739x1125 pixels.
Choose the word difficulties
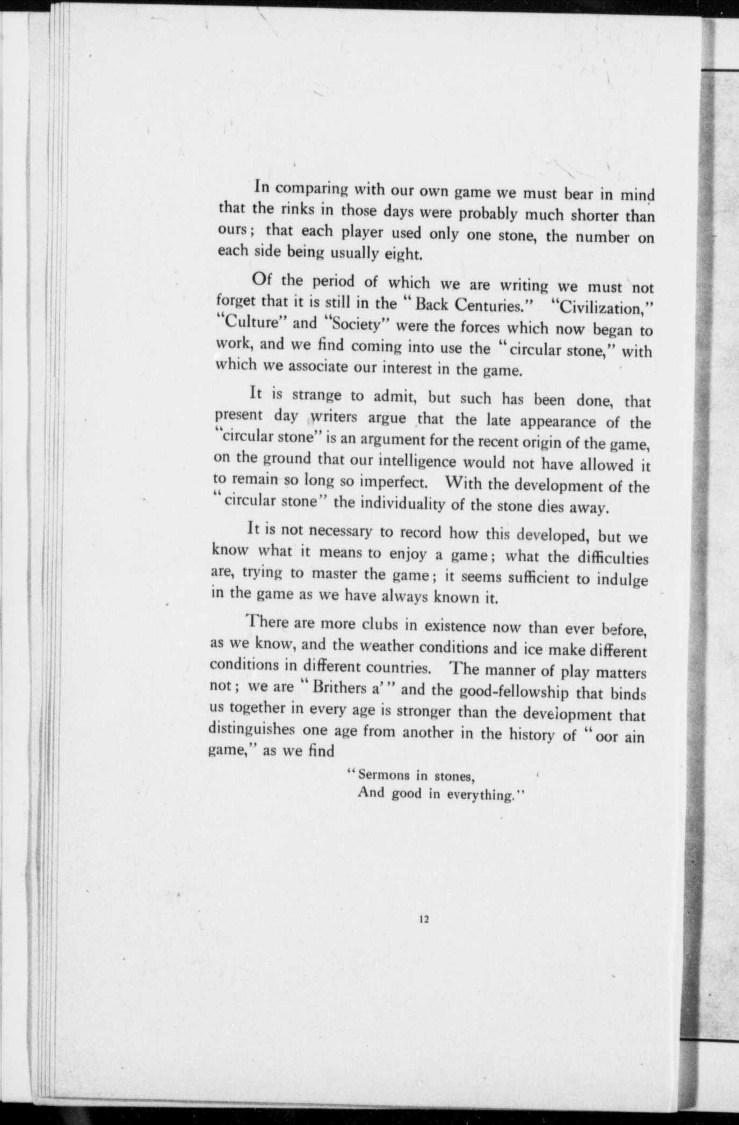click(x=611, y=557)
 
